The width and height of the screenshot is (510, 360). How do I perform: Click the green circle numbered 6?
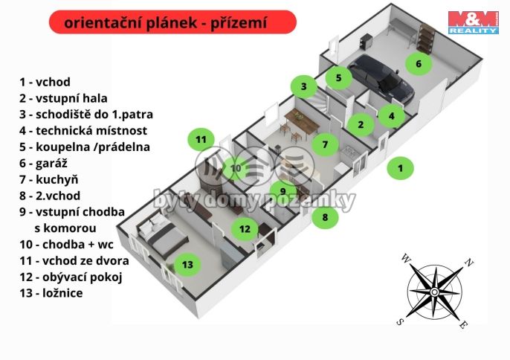point(419,64)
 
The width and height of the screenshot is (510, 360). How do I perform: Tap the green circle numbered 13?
point(187,264)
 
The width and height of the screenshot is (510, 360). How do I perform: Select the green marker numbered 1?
point(400,168)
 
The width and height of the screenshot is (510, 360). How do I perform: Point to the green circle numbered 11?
point(200,139)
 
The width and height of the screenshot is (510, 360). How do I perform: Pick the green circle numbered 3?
point(303,87)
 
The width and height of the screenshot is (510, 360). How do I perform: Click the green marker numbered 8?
point(325,218)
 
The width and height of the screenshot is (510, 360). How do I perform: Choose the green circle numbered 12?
point(245,229)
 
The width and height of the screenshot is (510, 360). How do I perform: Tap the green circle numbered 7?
point(325,144)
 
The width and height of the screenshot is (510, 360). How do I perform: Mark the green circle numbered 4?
point(391,115)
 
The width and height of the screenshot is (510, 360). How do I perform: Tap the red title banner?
point(172,22)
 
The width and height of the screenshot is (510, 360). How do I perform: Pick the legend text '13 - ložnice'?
point(51,293)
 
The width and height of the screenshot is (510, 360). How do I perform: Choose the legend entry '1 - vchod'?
point(45,82)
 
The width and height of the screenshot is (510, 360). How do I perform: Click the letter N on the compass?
point(469,262)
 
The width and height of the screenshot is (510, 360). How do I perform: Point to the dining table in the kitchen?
point(299,119)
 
